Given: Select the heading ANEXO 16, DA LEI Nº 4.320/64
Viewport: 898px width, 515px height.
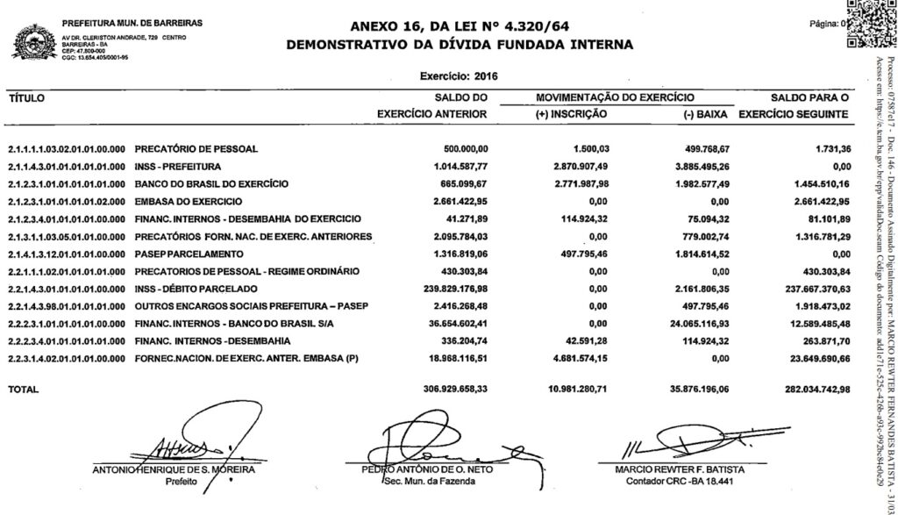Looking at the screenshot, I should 460,26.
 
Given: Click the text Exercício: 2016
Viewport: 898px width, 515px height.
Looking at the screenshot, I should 460,77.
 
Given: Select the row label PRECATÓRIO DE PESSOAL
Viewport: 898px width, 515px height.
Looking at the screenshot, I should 196,149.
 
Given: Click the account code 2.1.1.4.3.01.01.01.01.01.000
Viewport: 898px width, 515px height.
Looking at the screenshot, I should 68,167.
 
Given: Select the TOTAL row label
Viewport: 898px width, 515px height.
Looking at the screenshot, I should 25,388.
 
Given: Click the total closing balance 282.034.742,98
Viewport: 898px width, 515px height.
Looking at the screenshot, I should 815,388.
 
